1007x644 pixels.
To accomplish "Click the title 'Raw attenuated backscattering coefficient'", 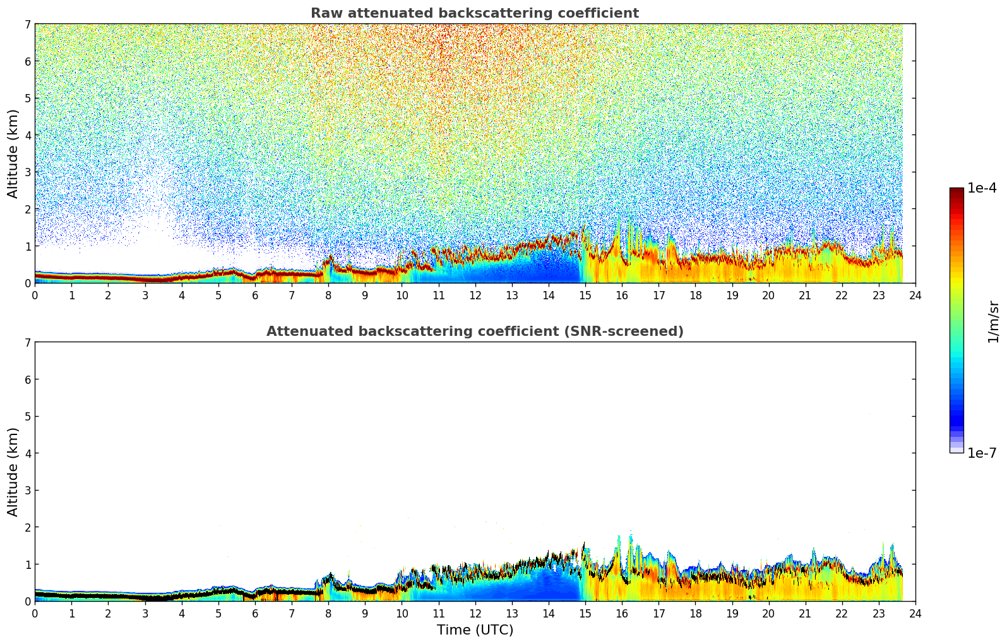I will click(x=474, y=13).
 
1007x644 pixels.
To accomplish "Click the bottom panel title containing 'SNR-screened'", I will click(x=474, y=331).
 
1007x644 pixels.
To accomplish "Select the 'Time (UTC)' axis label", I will click(x=475, y=630).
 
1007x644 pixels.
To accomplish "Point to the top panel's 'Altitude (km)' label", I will click(x=13, y=153).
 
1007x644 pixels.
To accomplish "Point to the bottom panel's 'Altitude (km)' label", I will click(x=13, y=472).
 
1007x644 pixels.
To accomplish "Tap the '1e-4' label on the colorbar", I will click(x=982, y=188).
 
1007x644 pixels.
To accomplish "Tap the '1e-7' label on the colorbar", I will click(x=982, y=453).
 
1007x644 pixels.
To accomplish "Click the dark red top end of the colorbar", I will click(x=956, y=191).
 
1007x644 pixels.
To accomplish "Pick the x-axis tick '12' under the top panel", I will click(x=475, y=295).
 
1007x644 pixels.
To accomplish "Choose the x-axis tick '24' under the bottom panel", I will click(x=915, y=613).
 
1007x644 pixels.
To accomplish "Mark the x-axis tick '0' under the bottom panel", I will click(x=35, y=613).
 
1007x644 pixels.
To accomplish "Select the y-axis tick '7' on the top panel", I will click(x=27, y=24).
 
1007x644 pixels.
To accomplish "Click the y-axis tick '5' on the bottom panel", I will click(x=27, y=416).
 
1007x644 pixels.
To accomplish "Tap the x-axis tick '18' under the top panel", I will click(x=695, y=295).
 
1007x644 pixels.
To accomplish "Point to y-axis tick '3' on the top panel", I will click(x=27, y=172).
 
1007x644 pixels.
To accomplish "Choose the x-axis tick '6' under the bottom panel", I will click(x=255, y=613).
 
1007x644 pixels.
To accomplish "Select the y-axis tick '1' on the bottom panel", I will click(x=27, y=564).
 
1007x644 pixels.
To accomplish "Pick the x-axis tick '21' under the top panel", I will click(x=805, y=295).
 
